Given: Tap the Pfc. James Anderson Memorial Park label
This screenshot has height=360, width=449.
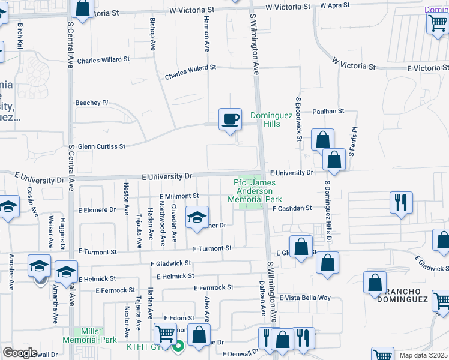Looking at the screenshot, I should [255, 191].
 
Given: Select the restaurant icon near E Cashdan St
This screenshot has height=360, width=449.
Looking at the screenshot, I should [400, 202].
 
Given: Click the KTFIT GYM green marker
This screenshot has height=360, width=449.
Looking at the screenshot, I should [178, 346].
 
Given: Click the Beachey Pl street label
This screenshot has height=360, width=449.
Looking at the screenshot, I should [91, 103].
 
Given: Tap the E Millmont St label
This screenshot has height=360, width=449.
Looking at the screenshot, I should [179, 196].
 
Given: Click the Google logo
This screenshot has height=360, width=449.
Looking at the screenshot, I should [20, 353].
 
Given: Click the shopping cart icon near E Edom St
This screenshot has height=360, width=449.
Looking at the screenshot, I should [165, 333].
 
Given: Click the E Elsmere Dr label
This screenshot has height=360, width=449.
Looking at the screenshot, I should [97, 210].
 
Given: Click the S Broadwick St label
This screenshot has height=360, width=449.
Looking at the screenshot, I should [298, 118].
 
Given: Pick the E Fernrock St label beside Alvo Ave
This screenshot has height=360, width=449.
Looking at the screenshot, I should [213, 288].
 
